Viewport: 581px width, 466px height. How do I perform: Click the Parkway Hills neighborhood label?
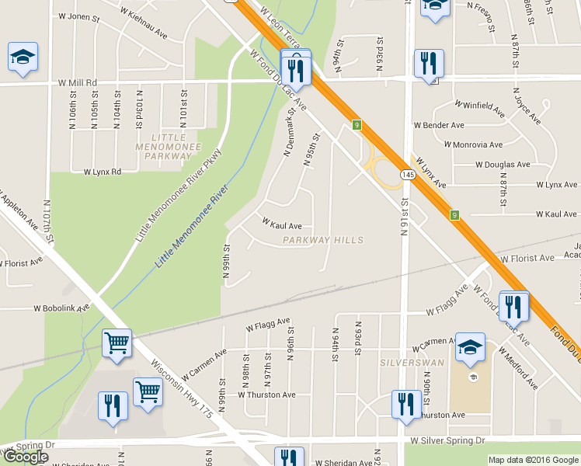click(x=323, y=241)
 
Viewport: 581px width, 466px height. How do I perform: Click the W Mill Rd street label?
click(x=77, y=82)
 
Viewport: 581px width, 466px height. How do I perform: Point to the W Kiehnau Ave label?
click(x=141, y=34)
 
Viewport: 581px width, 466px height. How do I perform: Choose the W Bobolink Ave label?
click(x=61, y=308)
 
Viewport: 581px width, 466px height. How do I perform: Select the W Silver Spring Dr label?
click(x=447, y=440)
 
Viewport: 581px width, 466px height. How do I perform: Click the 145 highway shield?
click(x=409, y=177)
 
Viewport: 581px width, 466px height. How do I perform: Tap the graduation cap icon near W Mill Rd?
click(x=23, y=57)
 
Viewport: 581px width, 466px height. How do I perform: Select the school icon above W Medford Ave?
click(x=470, y=347)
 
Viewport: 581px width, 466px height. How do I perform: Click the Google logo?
click(x=25, y=457)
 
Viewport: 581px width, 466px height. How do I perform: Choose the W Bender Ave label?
click(x=439, y=124)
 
